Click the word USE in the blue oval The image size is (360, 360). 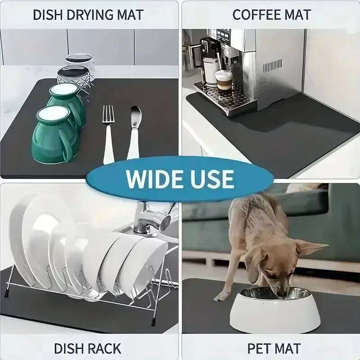(x=211, y=178)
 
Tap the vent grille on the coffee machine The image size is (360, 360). (x=272, y=66)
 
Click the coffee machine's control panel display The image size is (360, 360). (x=224, y=34)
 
